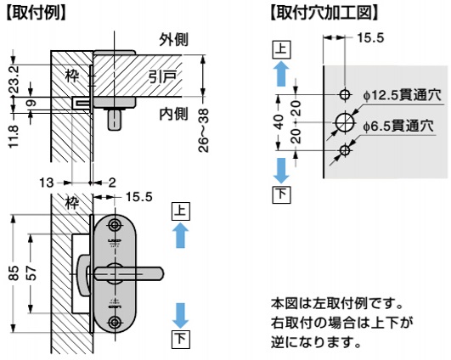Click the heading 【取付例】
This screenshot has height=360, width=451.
point(36,13)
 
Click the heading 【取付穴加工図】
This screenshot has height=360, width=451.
point(324,13)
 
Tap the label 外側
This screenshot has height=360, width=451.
point(174,39)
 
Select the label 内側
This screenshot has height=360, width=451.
point(174,114)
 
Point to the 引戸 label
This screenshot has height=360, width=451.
point(162,76)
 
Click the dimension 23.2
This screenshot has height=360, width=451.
point(14,79)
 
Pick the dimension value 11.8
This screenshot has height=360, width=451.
point(14,136)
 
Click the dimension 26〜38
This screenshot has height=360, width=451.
point(203,130)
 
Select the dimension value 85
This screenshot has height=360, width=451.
point(14,273)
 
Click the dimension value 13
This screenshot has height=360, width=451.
point(47,183)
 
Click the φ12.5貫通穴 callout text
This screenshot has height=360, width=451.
point(402,95)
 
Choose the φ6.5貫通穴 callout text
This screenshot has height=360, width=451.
point(398,126)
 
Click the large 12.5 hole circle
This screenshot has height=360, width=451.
point(345,122)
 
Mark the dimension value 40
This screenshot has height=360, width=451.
point(279,122)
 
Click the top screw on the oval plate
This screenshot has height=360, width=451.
point(115,225)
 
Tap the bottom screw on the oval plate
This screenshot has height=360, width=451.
point(115,322)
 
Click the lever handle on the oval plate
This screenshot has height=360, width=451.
point(129,273)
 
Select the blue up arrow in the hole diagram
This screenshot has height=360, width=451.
point(281,75)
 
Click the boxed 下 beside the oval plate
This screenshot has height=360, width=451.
point(181,340)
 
